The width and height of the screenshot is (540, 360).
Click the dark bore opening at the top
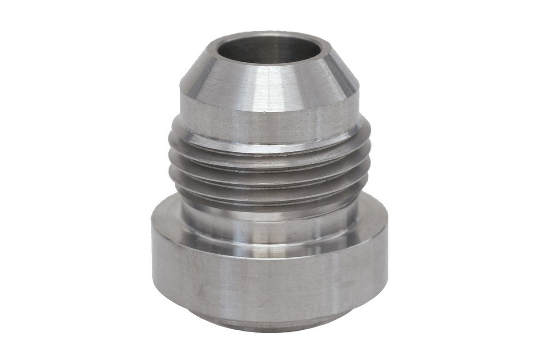tap(270, 49)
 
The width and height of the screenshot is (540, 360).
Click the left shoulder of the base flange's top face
tap(167, 214)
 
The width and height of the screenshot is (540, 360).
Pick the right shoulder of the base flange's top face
tap(371, 214)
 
